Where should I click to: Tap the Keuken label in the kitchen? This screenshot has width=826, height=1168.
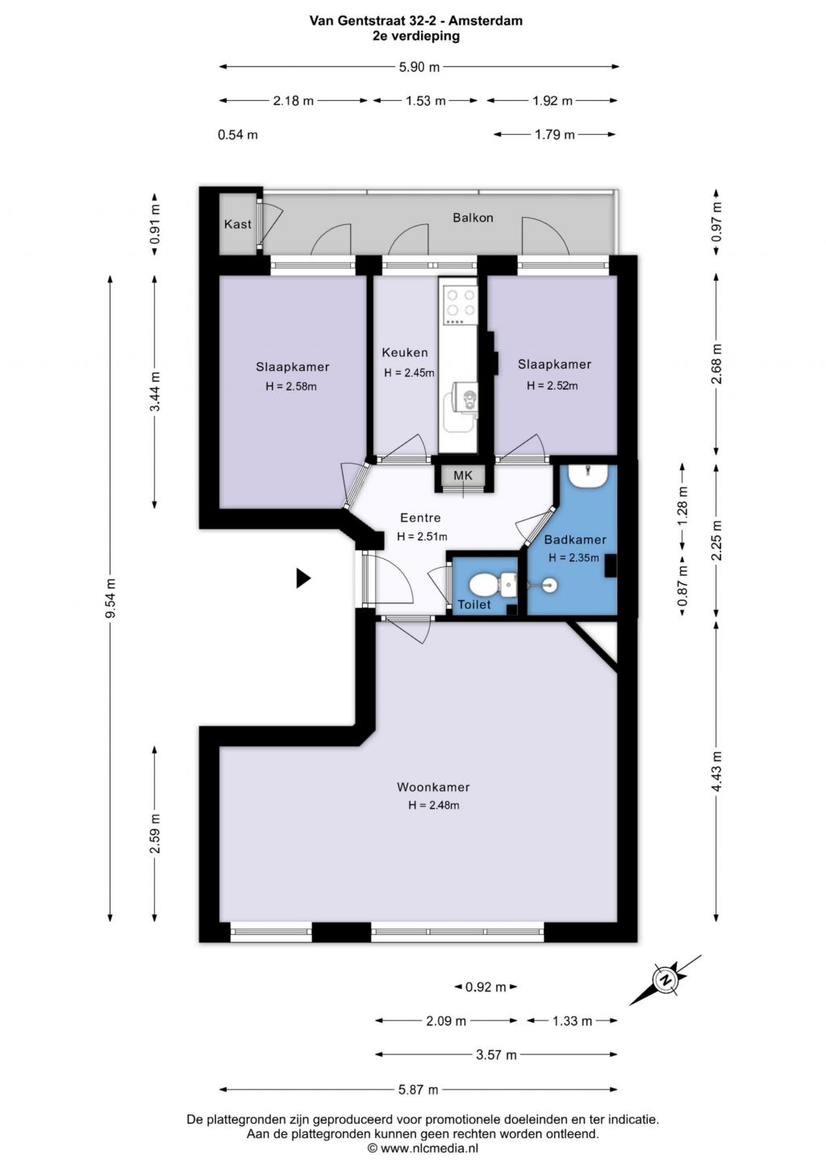[x=405, y=352]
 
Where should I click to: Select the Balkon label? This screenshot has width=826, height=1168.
[x=473, y=218]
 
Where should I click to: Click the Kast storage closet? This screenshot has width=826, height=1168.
[x=238, y=224]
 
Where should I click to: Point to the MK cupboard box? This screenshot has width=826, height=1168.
[x=463, y=475]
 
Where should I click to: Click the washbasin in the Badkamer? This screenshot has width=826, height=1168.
[x=587, y=476]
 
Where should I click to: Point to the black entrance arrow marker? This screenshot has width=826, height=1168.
[x=303, y=578]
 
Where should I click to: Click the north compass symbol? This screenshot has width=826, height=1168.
[x=665, y=980]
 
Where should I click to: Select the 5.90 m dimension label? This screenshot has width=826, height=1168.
[x=419, y=67]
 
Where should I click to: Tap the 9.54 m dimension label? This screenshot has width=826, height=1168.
[x=111, y=598]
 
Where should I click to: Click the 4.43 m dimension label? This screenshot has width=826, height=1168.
[x=716, y=772]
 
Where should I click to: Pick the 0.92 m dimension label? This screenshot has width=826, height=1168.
[x=486, y=987]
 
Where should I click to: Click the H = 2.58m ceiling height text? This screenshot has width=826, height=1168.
[x=291, y=386]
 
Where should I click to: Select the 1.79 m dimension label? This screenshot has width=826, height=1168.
[x=554, y=135]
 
